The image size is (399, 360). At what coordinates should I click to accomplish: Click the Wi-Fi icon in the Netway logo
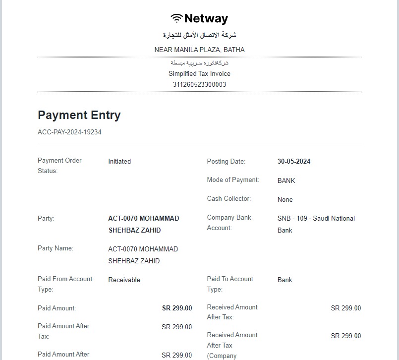click(x=176, y=18)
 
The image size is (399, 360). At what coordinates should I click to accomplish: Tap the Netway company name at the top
click(x=206, y=18)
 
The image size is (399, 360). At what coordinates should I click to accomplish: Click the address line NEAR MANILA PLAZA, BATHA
click(x=199, y=50)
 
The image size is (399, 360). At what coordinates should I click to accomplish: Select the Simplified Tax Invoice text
click(x=199, y=73)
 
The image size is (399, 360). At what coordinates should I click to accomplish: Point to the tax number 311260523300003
click(x=199, y=84)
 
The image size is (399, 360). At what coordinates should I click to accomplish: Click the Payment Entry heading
click(x=79, y=115)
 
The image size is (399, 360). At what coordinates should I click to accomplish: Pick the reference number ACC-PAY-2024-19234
click(x=69, y=132)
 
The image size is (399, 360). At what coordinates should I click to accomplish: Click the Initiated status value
click(x=119, y=161)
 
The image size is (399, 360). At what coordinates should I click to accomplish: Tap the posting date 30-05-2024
click(x=294, y=161)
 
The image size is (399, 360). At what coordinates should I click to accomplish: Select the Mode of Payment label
click(x=233, y=180)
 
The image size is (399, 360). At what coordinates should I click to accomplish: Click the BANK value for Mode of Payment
click(x=286, y=180)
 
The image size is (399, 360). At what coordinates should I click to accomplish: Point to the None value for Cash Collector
click(x=285, y=199)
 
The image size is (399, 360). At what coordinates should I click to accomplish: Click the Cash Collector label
click(x=229, y=199)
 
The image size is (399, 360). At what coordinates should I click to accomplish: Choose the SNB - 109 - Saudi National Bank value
click(x=316, y=224)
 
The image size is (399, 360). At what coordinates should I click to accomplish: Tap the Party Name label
click(x=56, y=248)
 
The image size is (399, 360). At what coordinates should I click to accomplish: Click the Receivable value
click(x=124, y=280)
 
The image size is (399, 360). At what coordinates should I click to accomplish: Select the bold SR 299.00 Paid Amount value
click(x=177, y=308)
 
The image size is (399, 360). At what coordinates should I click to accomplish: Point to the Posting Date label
click(x=226, y=161)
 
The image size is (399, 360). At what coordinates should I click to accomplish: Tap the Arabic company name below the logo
click(x=199, y=35)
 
